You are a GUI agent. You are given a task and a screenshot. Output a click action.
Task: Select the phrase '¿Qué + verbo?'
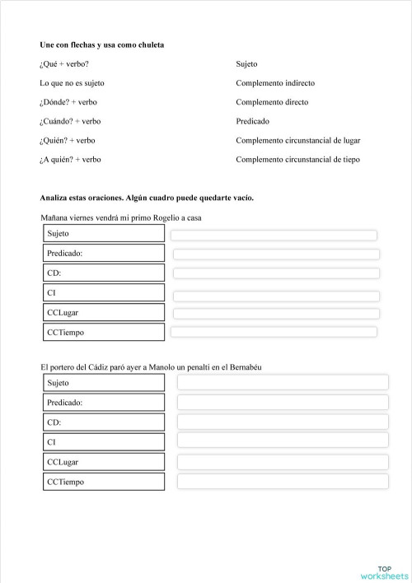coord(64,64)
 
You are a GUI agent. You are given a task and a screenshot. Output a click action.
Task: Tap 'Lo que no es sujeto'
coord(72,83)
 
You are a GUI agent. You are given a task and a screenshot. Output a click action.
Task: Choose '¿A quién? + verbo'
coord(70,160)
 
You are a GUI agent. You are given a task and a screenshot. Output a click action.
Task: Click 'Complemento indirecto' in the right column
coord(274,83)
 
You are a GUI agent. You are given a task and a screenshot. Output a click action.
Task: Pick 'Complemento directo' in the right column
coord(272,102)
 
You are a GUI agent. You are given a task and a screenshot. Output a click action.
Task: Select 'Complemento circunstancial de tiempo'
coord(297,160)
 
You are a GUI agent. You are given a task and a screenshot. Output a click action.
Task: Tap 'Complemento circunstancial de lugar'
coord(297,140)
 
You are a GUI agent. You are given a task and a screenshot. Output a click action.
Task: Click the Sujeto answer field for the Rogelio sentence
coord(273,236)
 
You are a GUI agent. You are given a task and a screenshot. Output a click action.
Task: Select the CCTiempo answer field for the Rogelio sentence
coord(273,332)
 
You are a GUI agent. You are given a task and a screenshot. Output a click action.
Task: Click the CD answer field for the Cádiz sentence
coord(282,422)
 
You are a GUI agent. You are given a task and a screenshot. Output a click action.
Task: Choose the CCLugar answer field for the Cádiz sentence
coord(282,461)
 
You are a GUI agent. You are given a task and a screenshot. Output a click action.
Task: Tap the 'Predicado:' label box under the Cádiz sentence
coord(104,403)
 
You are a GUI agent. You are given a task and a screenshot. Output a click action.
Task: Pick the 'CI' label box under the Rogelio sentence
coord(104,293)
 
